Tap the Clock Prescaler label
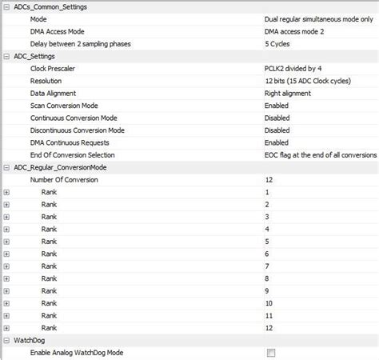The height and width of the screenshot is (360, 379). pyautogui.click(x=58, y=69)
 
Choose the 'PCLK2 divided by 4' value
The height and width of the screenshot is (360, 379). pyautogui.click(x=294, y=69)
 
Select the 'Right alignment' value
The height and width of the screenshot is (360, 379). pyautogui.click(x=289, y=93)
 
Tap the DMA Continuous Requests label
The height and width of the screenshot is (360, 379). pyautogui.click(x=73, y=142)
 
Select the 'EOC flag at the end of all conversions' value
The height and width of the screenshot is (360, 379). pyautogui.click(x=319, y=154)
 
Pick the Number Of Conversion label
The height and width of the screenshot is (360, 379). pyautogui.click(x=64, y=180)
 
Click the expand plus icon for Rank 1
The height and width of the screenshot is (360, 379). pyautogui.click(x=6, y=193)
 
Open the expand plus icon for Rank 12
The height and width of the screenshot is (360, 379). pyautogui.click(x=6, y=328)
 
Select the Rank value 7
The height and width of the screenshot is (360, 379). pyautogui.click(x=267, y=266)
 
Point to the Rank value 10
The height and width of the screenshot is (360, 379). pyautogui.click(x=269, y=303)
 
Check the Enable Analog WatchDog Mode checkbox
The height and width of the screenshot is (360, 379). pyautogui.click(x=270, y=353)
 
